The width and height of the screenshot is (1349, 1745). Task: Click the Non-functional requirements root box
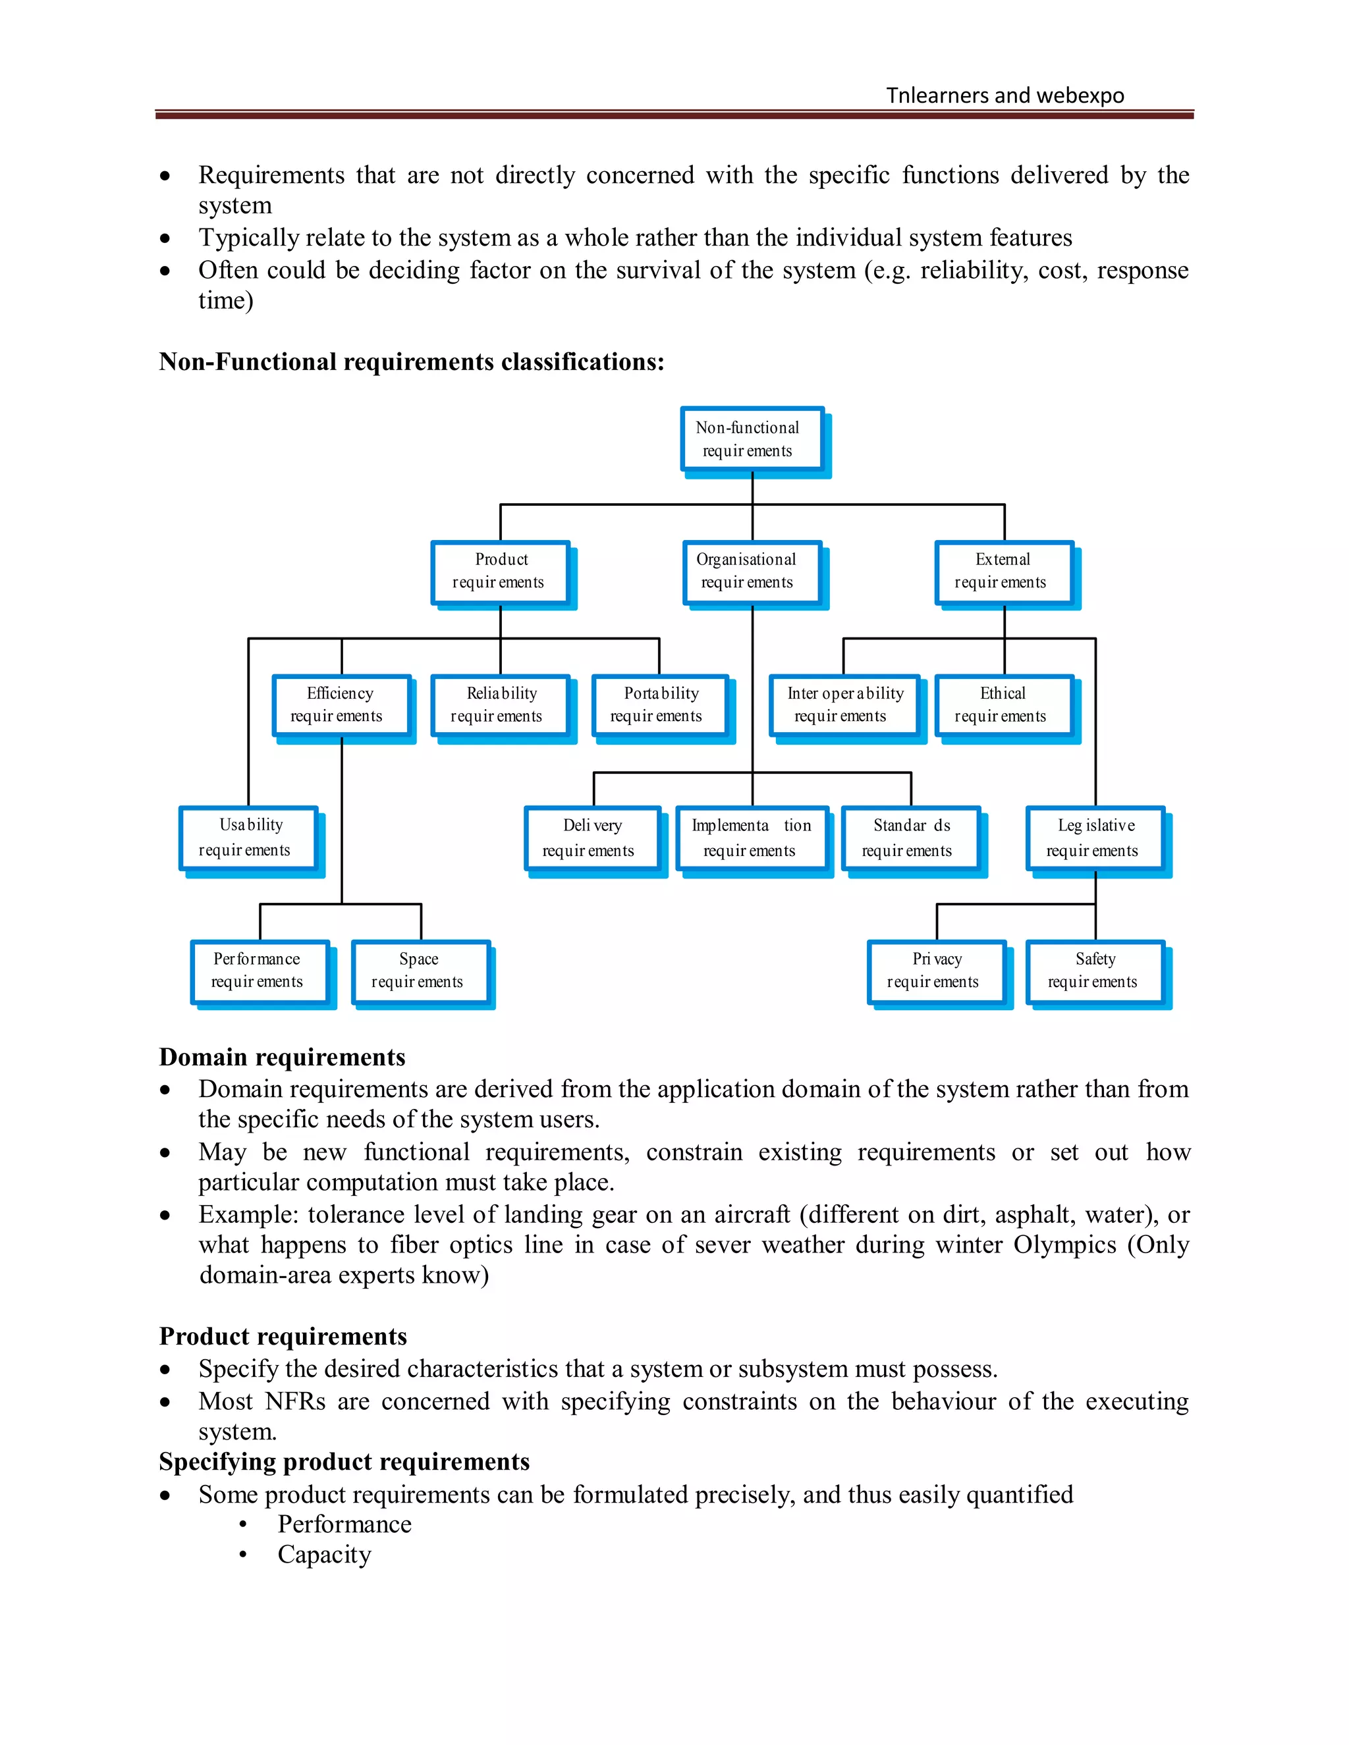[x=752, y=439]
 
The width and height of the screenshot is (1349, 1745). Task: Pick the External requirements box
[x=1004, y=572]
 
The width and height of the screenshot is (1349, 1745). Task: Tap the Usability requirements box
[x=248, y=838]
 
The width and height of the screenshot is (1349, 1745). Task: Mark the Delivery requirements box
[x=592, y=838]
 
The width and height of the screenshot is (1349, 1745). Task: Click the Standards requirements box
[x=910, y=838]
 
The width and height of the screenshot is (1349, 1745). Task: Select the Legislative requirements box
[x=1095, y=838]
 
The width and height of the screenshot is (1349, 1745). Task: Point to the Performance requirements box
[x=260, y=971]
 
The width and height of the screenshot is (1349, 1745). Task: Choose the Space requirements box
[x=420, y=971]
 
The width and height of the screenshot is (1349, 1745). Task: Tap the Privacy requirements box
[x=936, y=971]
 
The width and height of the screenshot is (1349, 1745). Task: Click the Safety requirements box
[x=1095, y=971]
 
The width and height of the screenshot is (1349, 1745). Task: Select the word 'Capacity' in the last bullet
[x=325, y=1555]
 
